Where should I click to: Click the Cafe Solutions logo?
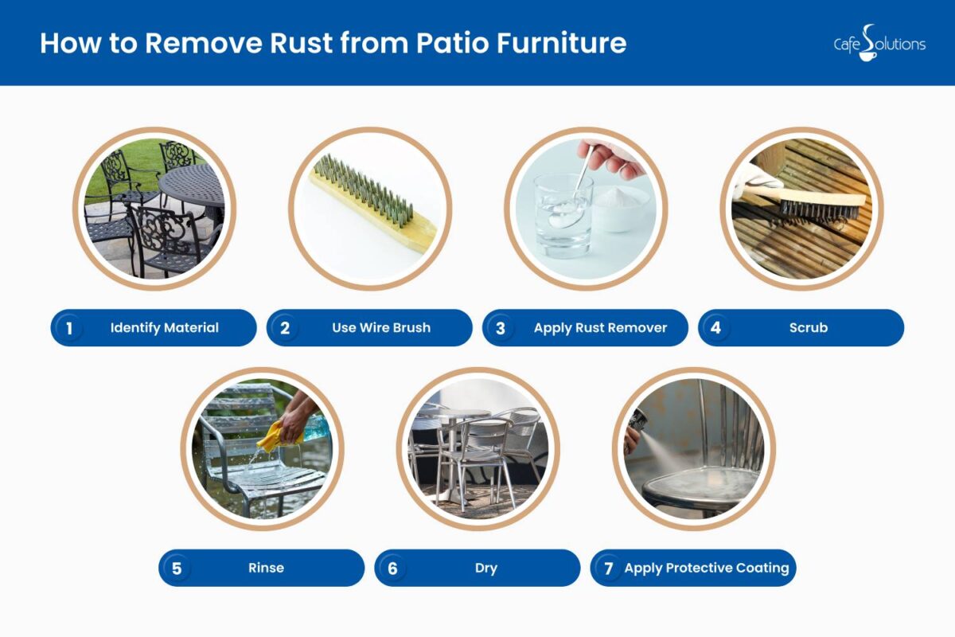pos(879,43)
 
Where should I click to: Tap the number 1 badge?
pos(69,328)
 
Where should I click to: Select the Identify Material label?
pos(164,328)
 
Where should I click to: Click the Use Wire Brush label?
pos(380,328)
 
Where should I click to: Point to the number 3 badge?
pos(501,328)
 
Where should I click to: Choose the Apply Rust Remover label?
pos(600,328)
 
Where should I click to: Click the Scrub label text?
pos(808,328)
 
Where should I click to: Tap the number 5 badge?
pos(177,569)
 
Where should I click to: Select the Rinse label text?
pos(265,569)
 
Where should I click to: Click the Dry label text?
pos(485,569)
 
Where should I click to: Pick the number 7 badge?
pos(609,569)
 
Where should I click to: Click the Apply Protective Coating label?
pos(706,569)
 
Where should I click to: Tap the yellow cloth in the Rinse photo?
pos(281,434)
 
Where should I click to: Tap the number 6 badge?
pos(392,569)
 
